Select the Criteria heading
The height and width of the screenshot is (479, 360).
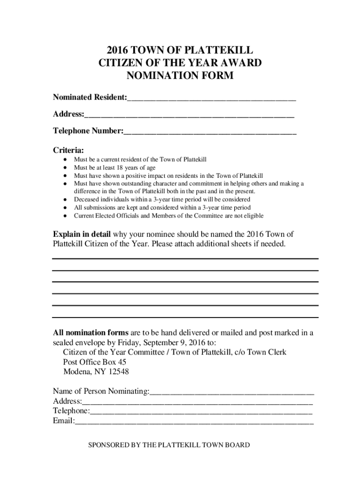click(x=68, y=151)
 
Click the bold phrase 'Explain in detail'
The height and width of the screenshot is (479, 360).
click(x=82, y=234)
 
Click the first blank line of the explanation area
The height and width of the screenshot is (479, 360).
click(x=185, y=258)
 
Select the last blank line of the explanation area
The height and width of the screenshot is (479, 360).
click(x=185, y=318)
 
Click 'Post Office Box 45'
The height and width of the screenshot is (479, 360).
click(x=94, y=362)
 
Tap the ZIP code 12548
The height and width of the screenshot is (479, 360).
click(x=118, y=372)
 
